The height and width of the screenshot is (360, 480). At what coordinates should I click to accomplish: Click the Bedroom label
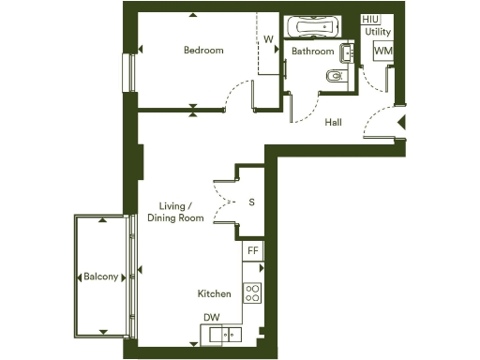click(x=203, y=51)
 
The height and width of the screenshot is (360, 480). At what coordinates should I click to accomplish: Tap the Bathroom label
click(x=312, y=52)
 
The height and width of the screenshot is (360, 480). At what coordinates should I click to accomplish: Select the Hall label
click(x=334, y=123)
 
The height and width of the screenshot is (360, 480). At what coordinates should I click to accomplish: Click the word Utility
click(x=379, y=32)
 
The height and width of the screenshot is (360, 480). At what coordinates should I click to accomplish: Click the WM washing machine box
click(x=382, y=51)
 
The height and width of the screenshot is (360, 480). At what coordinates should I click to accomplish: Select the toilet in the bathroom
click(x=335, y=76)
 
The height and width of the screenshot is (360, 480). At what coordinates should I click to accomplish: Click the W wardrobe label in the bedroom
click(x=268, y=39)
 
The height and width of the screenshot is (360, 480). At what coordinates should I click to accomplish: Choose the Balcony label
click(x=101, y=277)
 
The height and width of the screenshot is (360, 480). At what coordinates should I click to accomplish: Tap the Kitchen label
click(x=214, y=293)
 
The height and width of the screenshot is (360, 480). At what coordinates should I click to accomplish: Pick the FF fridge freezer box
click(x=253, y=251)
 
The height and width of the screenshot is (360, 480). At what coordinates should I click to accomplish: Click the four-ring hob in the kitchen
click(x=252, y=292)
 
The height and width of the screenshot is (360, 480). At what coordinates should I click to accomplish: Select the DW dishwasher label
click(x=211, y=318)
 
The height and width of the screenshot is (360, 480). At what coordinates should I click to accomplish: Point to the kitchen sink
click(x=225, y=334)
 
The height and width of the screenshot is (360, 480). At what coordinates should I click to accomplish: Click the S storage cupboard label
click(x=251, y=202)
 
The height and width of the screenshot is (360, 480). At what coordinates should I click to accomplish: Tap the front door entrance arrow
click(x=401, y=122)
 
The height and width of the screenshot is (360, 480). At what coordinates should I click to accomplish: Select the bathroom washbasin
click(x=348, y=53)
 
